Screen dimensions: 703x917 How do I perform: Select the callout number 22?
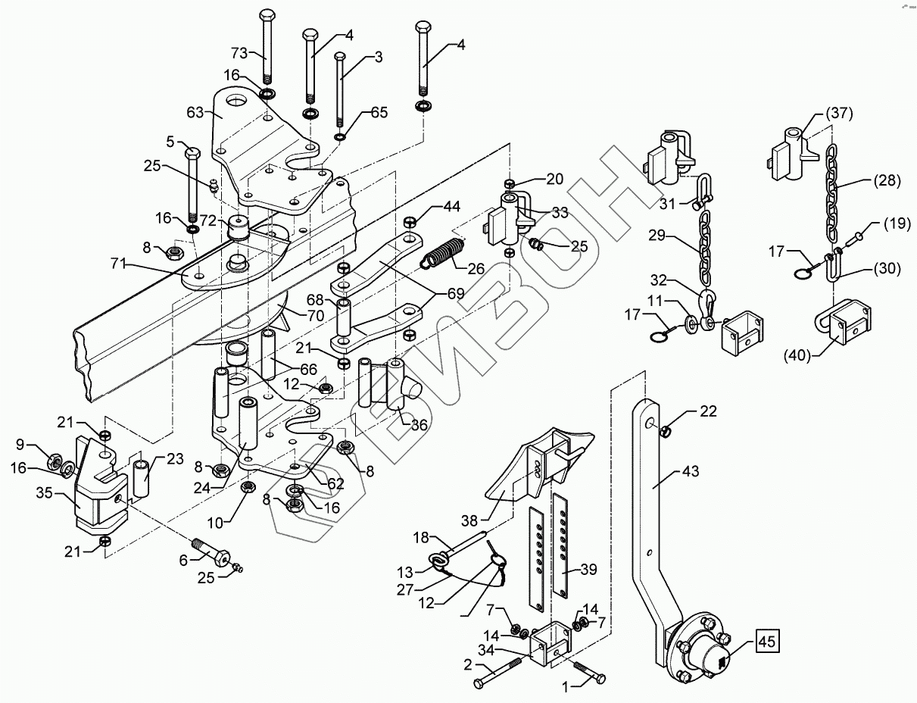tap(708, 411)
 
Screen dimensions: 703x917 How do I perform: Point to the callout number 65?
tap(379, 112)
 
